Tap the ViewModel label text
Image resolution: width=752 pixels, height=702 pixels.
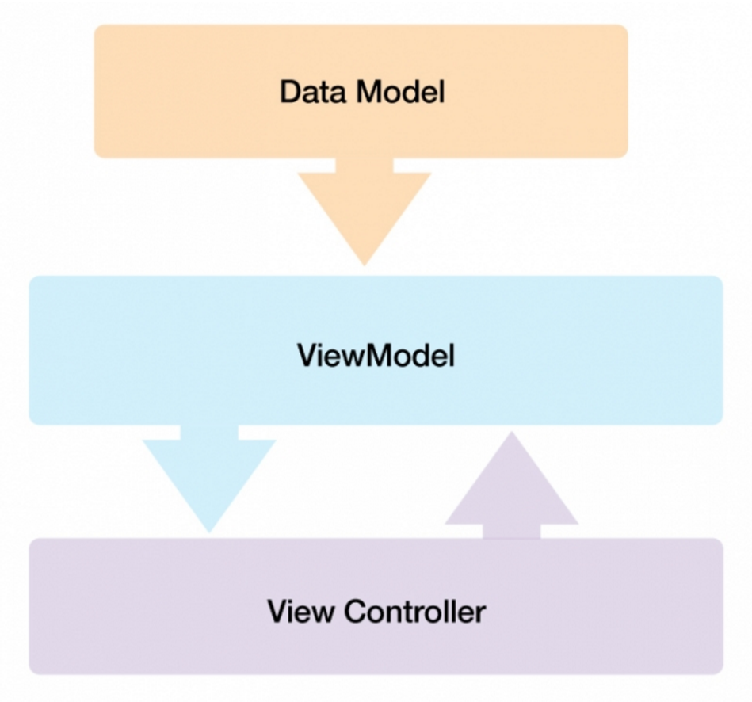(376, 356)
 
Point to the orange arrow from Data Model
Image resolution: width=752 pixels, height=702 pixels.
(365, 209)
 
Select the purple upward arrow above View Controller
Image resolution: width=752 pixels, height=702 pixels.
(511, 491)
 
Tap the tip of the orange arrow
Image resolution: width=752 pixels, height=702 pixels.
(365, 261)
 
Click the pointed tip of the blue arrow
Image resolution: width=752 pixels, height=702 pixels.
(209, 528)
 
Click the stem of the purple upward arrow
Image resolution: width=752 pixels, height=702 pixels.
(512, 532)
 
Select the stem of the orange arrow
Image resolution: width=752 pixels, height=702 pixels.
(365, 165)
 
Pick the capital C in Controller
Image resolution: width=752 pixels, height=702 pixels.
(358, 612)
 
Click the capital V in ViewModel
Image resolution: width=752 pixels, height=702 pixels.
(307, 356)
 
